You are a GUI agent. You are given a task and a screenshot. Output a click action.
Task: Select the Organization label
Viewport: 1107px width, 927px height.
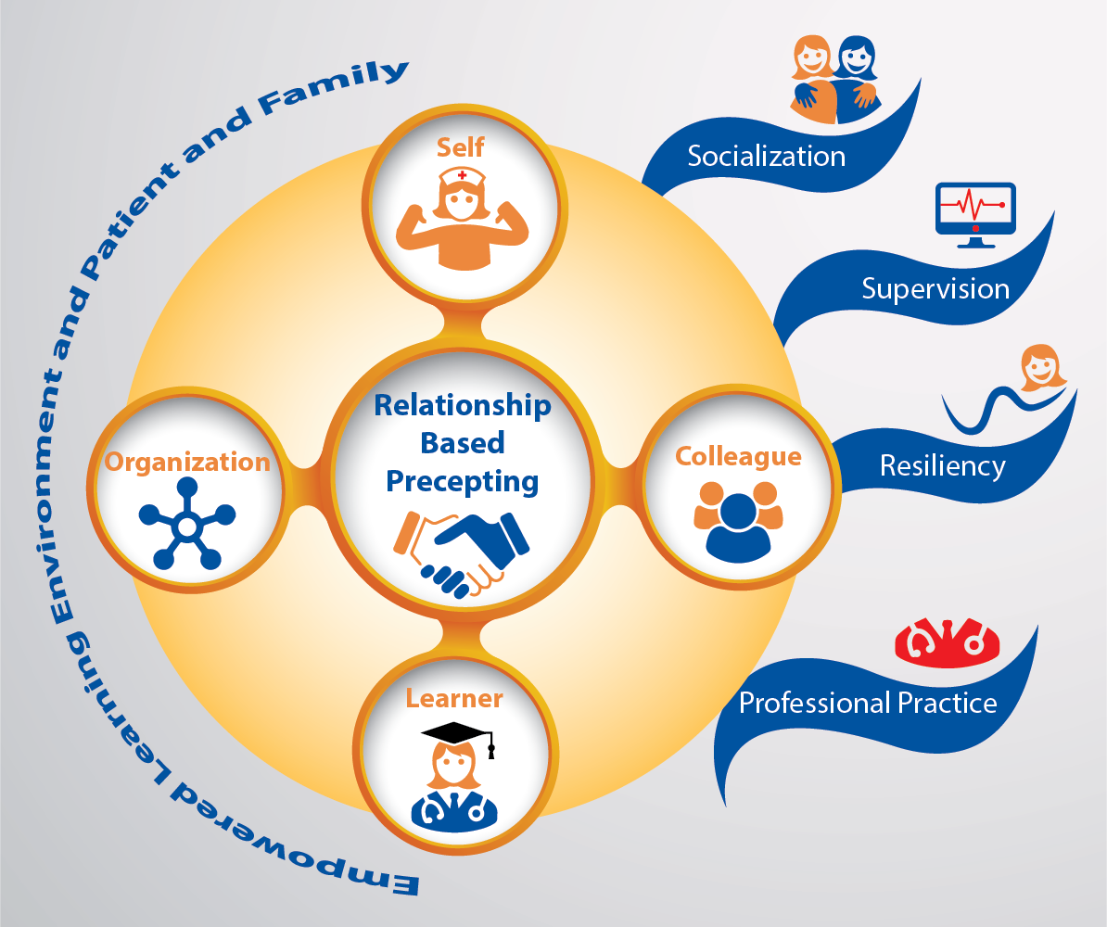click(x=187, y=461)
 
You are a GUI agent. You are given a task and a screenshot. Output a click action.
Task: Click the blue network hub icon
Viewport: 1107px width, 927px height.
click(x=185, y=525)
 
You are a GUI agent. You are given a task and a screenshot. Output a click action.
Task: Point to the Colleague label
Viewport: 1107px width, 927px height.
click(x=738, y=456)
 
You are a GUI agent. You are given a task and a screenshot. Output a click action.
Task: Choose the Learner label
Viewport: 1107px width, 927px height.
click(x=454, y=698)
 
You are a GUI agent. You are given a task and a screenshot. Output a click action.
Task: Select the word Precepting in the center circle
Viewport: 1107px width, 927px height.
click(x=462, y=481)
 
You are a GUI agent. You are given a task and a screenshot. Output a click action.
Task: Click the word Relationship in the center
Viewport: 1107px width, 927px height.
click(x=462, y=406)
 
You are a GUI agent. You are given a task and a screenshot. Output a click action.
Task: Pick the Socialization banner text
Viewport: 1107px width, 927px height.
click(x=766, y=156)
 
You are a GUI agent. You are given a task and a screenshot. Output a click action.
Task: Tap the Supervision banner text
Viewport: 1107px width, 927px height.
click(x=935, y=288)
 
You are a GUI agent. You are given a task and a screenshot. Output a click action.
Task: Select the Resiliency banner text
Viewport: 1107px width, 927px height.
click(x=942, y=464)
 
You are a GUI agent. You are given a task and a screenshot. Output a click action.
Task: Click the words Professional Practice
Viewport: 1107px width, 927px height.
click(x=867, y=703)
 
